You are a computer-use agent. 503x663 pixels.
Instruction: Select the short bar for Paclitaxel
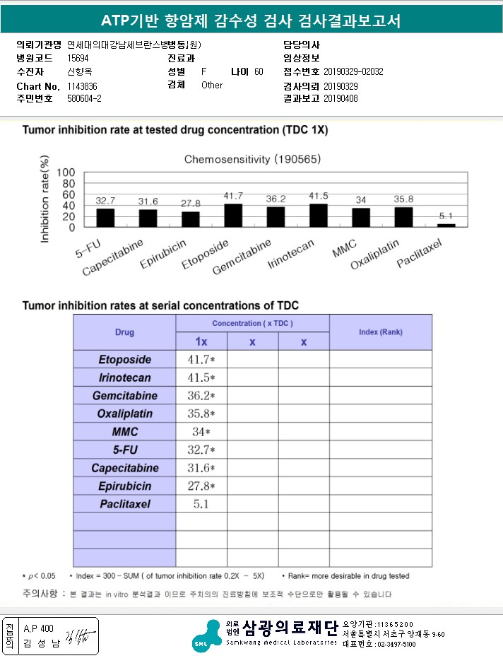(446, 225)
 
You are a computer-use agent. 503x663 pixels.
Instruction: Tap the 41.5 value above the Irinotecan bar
(318, 196)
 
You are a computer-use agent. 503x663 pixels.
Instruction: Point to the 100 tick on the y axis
(66, 172)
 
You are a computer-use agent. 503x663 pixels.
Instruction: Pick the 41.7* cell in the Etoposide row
(201, 360)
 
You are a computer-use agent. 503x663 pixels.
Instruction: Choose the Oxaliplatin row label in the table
(124, 414)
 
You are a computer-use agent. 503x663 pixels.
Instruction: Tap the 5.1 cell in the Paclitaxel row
(201, 505)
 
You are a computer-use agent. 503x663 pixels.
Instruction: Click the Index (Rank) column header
(380, 332)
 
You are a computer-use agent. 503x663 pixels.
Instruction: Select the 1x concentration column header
(201, 342)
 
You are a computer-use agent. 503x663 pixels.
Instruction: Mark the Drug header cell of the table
(124, 332)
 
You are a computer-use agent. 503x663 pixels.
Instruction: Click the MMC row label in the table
(124, 432)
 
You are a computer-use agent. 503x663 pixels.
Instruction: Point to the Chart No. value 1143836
(83, 86)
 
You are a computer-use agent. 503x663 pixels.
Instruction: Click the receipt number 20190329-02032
(353, 72)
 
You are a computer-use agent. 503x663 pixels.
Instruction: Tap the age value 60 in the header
(259, 72)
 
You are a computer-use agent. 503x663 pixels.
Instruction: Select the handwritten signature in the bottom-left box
(73, 635)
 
